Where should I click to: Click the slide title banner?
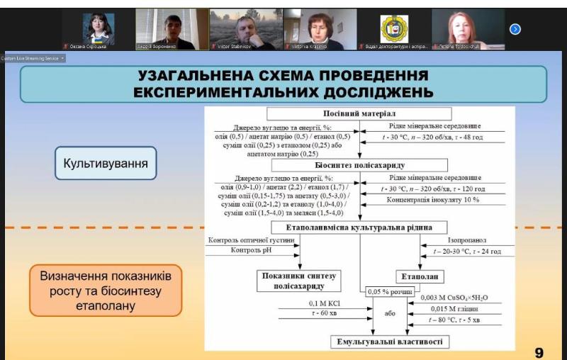[x=283, y=84]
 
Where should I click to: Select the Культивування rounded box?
[x=106, y=164]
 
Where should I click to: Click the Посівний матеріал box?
[x=359, y=114]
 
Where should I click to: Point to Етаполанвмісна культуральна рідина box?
[x=359, y=227]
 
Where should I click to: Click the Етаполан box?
[x=417, y=276]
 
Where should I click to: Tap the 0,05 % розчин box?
[x=388, y=291]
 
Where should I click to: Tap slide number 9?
[x=539, y=352]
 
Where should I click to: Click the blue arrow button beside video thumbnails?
[x=515, y=29]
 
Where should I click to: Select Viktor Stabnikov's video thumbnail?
[x=246, y=29]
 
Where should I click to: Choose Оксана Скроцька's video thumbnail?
[x=99, y=29]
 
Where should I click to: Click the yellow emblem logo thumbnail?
[x=395, y=29]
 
